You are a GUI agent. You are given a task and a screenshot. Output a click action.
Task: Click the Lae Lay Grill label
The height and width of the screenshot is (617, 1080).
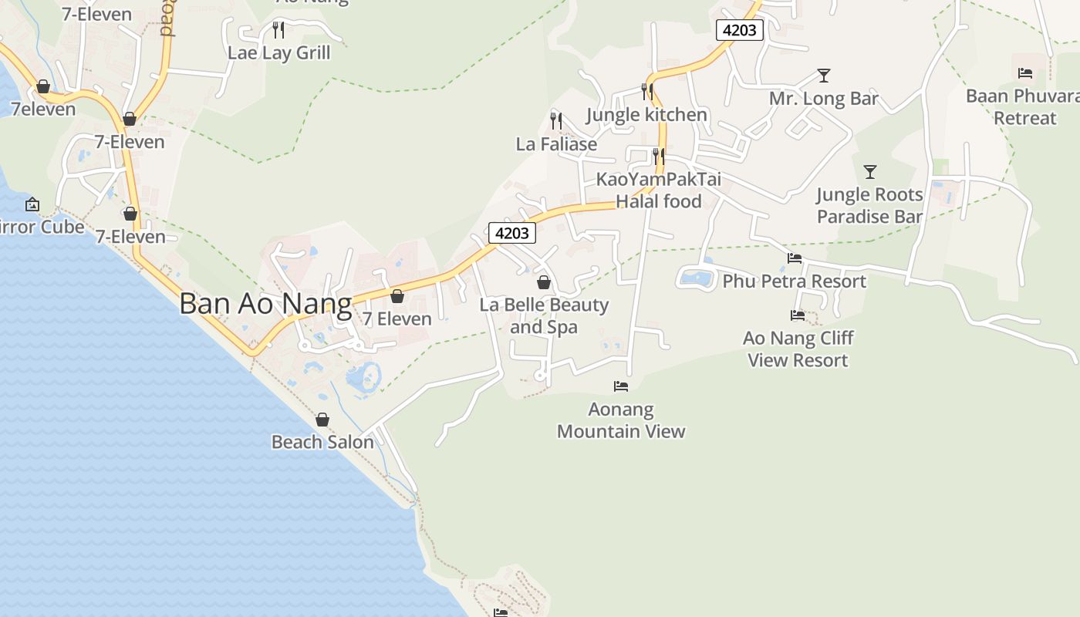coord(278,53)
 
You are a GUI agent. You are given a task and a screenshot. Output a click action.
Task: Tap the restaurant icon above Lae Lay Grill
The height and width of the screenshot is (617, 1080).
coord(278,30)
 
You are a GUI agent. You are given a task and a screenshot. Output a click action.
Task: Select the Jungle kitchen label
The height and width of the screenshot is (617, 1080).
coord(646,115)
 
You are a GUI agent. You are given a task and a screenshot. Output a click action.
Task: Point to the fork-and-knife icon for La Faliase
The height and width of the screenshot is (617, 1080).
coord(556,121)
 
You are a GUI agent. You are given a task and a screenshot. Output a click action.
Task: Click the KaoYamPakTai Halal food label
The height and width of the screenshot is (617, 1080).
coord(659,190)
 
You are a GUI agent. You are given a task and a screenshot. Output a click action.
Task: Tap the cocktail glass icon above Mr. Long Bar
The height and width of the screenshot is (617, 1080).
coord(824,76)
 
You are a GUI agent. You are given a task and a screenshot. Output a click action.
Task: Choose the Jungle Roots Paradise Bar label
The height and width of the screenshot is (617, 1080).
coord(869,205)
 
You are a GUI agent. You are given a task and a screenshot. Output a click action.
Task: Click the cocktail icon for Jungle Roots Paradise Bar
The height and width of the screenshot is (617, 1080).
coord(870,171)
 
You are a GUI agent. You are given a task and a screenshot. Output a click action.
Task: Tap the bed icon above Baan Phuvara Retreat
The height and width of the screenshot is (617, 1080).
coord(1025,73)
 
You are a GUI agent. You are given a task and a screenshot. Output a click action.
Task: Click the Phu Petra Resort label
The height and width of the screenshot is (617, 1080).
coord(794,282)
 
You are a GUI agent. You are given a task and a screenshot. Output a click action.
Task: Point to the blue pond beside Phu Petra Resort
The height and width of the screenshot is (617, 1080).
coord(696,277)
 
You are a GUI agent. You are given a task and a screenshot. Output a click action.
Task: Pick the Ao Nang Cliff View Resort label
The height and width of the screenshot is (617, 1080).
coord(798,349)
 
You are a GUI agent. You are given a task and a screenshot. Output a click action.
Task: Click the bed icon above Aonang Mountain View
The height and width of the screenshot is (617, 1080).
coord(621,386)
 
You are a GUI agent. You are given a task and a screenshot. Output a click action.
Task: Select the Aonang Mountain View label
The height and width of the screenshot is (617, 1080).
coord(621,420)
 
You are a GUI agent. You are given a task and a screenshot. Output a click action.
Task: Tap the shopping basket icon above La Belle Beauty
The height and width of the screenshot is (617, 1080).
coord(544,282)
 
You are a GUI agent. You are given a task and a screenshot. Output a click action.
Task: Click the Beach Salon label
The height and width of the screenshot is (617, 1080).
coord(322,442)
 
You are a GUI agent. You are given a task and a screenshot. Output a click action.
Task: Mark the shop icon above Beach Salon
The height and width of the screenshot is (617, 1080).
coord(322,420)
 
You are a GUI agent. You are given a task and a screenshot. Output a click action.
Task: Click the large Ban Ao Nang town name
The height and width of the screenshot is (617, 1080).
coord(265,303)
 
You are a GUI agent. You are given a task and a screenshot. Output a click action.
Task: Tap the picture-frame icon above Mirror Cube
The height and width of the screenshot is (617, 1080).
coord(32,204)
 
